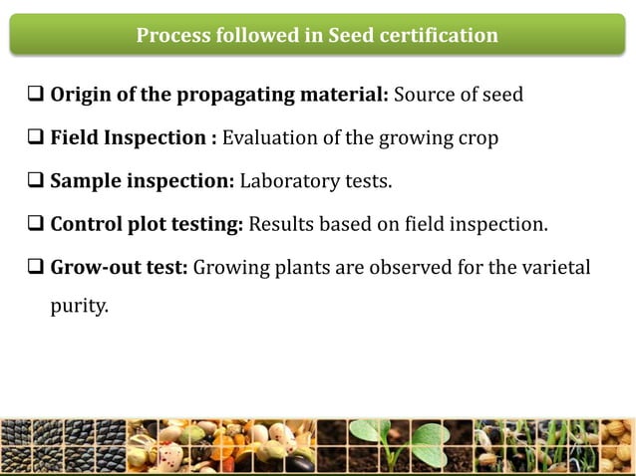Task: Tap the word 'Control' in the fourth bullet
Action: (87, 224)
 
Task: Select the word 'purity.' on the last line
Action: (79, 307)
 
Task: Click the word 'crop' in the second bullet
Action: (477, 138)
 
